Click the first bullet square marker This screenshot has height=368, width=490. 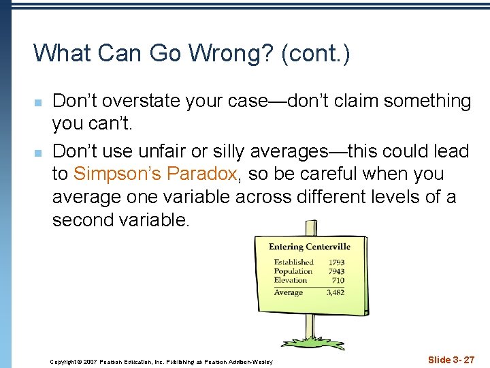39,103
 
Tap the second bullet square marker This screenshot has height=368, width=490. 39,152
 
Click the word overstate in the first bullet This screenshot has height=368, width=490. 137,102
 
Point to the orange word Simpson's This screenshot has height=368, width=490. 113,174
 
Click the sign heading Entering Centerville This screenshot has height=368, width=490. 309,247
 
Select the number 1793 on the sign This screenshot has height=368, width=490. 336,262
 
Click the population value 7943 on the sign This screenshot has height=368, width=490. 336,271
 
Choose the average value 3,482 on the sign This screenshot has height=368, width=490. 335,292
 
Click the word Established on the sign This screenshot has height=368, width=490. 293,262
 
